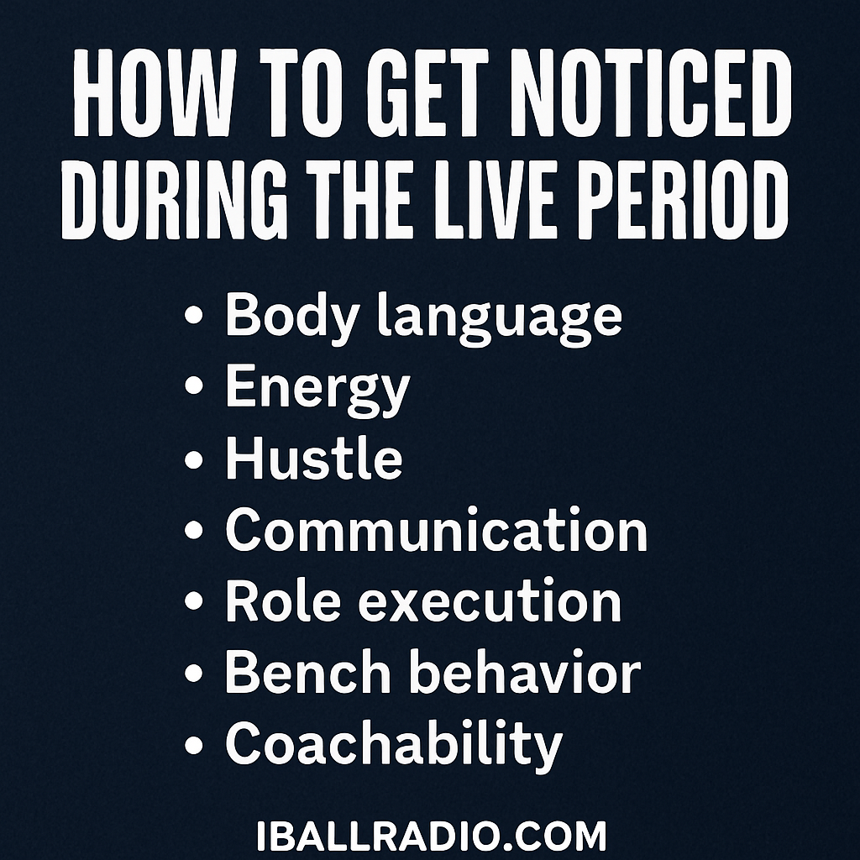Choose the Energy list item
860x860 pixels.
[317, 391]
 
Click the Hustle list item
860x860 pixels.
[314, 457]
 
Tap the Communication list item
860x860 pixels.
[437, 529]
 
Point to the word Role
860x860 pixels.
[283, 600]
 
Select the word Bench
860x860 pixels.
[308, 671]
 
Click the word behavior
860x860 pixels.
[526, 671]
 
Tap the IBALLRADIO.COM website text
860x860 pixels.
[431, 836]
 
